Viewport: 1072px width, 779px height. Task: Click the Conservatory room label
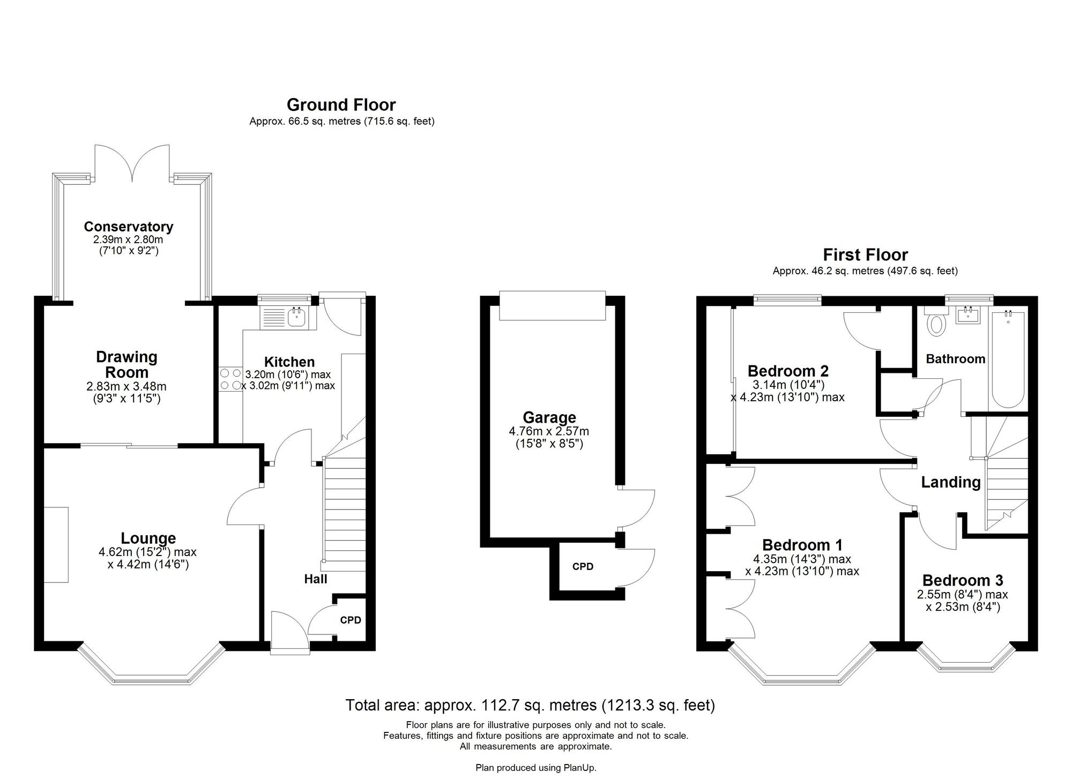tap(128, 227)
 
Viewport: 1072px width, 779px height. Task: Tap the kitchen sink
tap(296, 318)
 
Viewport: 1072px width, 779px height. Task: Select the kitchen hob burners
tap(230, 379)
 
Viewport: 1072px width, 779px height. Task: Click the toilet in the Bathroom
tap(936, 323)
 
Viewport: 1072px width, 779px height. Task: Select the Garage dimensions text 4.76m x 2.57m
tap(549, 431)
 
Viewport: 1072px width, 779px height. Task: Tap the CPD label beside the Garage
tap(583, 567)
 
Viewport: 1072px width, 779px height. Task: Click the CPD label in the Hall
tap(351, 620)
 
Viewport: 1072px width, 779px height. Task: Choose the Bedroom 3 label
tap(962, 580)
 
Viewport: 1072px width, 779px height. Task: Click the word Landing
tap(950, 482)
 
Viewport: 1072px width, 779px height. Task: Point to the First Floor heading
tap(865, 254)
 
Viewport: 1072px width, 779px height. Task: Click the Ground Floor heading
tap(341, 104)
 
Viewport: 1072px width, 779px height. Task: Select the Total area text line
tap(530, 705)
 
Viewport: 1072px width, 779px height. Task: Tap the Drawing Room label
tap(126, 364)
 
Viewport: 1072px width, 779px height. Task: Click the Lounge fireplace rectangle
tap(56, 544)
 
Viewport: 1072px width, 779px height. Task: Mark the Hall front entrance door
tap(290, 633)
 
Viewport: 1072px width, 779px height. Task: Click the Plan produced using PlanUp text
tap(535, 768)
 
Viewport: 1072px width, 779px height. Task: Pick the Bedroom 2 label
tap(787, 371)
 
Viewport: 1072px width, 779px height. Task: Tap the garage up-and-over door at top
tap(552, 305)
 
